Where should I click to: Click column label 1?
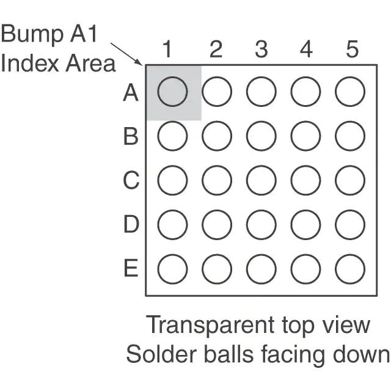167,49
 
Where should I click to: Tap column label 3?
261,49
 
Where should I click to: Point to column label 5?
352,49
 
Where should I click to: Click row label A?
131,92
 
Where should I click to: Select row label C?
131,180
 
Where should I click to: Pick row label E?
131,268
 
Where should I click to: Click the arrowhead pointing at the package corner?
140,63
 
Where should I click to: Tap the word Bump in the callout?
32,34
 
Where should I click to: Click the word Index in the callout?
30,64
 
